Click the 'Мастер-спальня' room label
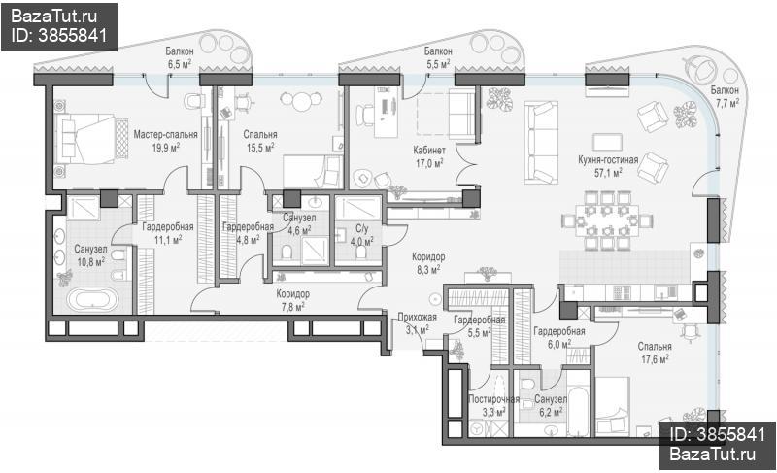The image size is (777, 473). [165, 134]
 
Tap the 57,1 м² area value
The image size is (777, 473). [608, 172]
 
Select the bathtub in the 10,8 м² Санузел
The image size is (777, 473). [92, 300]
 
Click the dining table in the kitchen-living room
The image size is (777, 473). [607, 220]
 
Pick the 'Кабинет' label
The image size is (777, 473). [429, 150]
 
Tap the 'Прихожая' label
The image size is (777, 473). [418, 318]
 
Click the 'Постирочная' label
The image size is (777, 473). [494, 399]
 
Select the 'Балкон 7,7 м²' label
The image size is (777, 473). [725, 96]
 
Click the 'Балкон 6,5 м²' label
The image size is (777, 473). [180, 57]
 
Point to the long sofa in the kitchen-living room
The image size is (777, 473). [542, 142]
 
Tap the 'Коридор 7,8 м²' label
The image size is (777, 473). [293, 300]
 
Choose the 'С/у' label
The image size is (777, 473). [361, 229]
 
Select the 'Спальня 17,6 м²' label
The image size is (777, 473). [655, 353]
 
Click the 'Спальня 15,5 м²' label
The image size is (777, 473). [260, 140]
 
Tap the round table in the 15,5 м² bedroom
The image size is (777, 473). [301, 102]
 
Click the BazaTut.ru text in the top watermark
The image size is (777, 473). [54, 17]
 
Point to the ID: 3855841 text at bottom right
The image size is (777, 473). [718, 434]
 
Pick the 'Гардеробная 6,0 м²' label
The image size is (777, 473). [559, 337]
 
